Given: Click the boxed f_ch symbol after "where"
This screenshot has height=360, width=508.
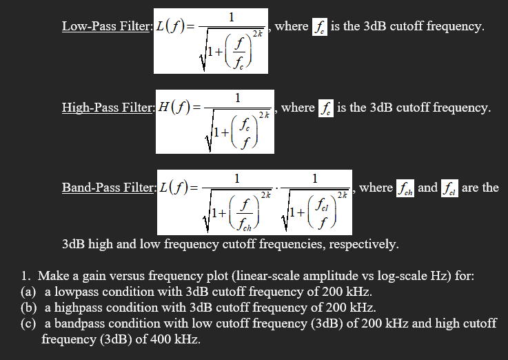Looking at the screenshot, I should click(405, 188).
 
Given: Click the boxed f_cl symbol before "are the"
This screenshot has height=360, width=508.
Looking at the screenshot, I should click(451, 188).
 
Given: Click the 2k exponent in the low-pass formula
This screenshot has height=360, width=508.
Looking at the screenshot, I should click(258, 34).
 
